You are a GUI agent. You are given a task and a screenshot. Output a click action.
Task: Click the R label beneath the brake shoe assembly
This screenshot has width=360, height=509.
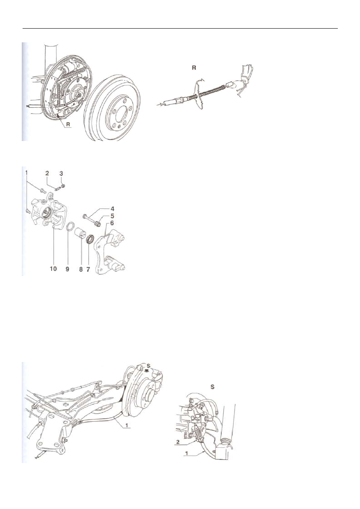68,125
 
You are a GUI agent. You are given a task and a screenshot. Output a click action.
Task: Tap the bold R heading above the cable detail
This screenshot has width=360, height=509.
194,68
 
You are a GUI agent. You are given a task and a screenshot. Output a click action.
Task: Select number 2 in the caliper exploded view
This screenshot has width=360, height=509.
47,173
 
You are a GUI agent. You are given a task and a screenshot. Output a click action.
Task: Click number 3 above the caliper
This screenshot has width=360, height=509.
61,173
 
